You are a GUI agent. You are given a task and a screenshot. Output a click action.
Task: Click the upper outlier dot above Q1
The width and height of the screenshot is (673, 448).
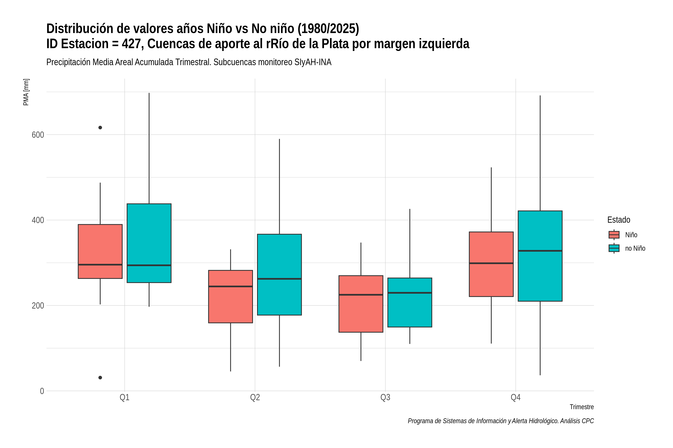coord(100,128)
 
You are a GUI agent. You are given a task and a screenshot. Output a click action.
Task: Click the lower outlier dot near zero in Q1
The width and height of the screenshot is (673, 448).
coord(100,378)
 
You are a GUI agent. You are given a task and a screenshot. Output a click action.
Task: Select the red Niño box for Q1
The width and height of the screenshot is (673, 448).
coord(100,251)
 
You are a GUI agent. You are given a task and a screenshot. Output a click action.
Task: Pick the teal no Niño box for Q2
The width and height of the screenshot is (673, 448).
coord(279,275)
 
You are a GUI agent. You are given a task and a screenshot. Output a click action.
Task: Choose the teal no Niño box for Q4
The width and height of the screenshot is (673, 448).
coord(540,256)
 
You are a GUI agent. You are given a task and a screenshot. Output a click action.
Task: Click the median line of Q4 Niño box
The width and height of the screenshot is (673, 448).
coord(491,263)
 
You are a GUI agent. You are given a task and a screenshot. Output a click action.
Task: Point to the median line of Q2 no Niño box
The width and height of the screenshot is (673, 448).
coord(279,279)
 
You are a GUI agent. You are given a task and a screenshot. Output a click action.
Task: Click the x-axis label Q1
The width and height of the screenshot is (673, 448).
coord(125,397)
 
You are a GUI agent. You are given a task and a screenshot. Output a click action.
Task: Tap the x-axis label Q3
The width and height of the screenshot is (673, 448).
coord(385,397)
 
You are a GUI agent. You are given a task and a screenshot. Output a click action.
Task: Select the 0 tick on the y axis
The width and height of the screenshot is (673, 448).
coord(42,391)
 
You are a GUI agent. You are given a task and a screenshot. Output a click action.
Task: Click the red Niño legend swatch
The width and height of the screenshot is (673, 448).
coord(614,235)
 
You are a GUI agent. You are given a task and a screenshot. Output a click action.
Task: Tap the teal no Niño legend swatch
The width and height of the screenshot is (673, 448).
coord(614,248)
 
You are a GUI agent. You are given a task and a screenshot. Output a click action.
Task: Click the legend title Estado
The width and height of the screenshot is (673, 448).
coord(619,220)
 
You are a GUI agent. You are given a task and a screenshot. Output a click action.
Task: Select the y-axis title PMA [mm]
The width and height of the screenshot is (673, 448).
coord(26,92)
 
